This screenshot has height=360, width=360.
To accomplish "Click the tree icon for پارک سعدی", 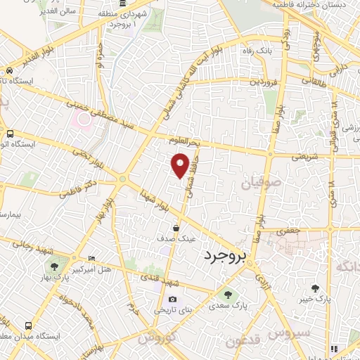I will [227, 294].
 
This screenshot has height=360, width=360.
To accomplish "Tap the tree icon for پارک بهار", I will [54, 266].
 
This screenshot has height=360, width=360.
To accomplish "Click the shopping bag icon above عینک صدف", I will [176, 228].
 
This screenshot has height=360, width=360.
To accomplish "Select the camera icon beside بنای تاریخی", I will [172, 300].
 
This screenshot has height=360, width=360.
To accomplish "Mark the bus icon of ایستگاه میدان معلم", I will [29, 326].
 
